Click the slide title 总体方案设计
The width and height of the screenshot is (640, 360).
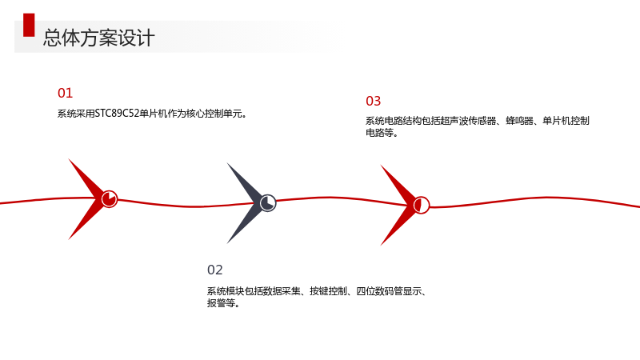98,38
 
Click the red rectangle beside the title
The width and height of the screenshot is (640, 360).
29,26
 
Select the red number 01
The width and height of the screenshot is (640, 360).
65,93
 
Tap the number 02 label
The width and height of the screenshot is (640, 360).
214,270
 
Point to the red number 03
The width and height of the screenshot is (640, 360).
373,101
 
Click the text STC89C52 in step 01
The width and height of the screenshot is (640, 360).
117,114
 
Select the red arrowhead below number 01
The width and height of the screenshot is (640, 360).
88,198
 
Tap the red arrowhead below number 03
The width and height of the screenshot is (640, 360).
400,205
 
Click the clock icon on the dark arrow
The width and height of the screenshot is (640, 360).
268,203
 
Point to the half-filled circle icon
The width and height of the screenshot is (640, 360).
422,205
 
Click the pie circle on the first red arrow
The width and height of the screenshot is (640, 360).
110,198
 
